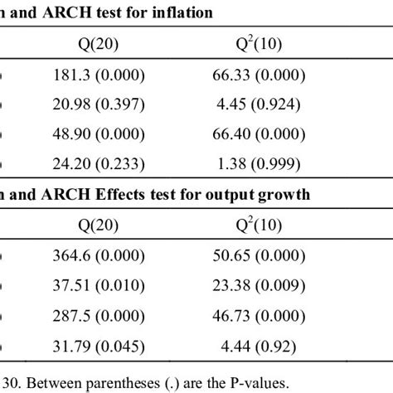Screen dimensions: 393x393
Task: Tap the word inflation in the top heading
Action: pos(180,12)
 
